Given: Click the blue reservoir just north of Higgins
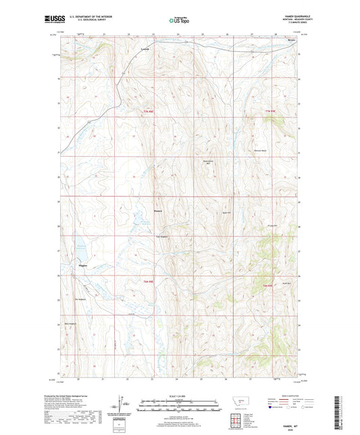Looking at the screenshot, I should (x=82, y=247).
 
